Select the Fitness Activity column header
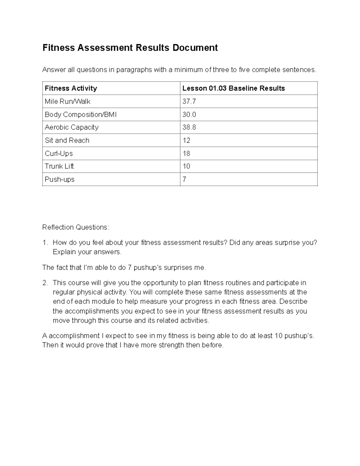point(71,88)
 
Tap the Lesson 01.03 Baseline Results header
point(233,88)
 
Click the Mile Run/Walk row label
point(67,101)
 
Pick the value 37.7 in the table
point(189,101)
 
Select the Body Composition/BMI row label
point(80,114)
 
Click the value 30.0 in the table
point(189,114)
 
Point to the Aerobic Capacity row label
point(71,127)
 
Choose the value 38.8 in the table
point(189,127)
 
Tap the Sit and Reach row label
point(67,140)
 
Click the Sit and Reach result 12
point(186,140)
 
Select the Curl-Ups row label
point(58,153)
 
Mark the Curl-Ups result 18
point(186,153)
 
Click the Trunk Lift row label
point(59,166)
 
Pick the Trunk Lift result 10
point(186,166)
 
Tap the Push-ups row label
point(59,179)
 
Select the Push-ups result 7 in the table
point(184,179)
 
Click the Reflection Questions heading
point(76,227)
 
